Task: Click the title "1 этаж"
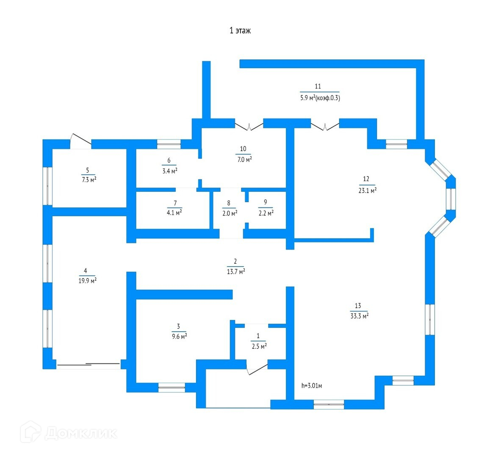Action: tap(240, 30)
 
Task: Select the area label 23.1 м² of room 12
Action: tap(366, 190)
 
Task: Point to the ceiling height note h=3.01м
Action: tap(313, 385)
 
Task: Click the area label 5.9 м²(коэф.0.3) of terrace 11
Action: tap(320, 98)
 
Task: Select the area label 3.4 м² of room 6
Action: tap(169, 171)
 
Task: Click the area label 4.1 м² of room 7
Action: tap(174, 213)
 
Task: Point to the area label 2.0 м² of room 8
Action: tap(229, 213)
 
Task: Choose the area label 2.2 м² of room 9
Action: tap(266, 212)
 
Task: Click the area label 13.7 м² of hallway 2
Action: tap(235, 272)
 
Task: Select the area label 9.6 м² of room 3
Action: tap(179, 336)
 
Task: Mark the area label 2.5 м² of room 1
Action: tap(258, 346)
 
